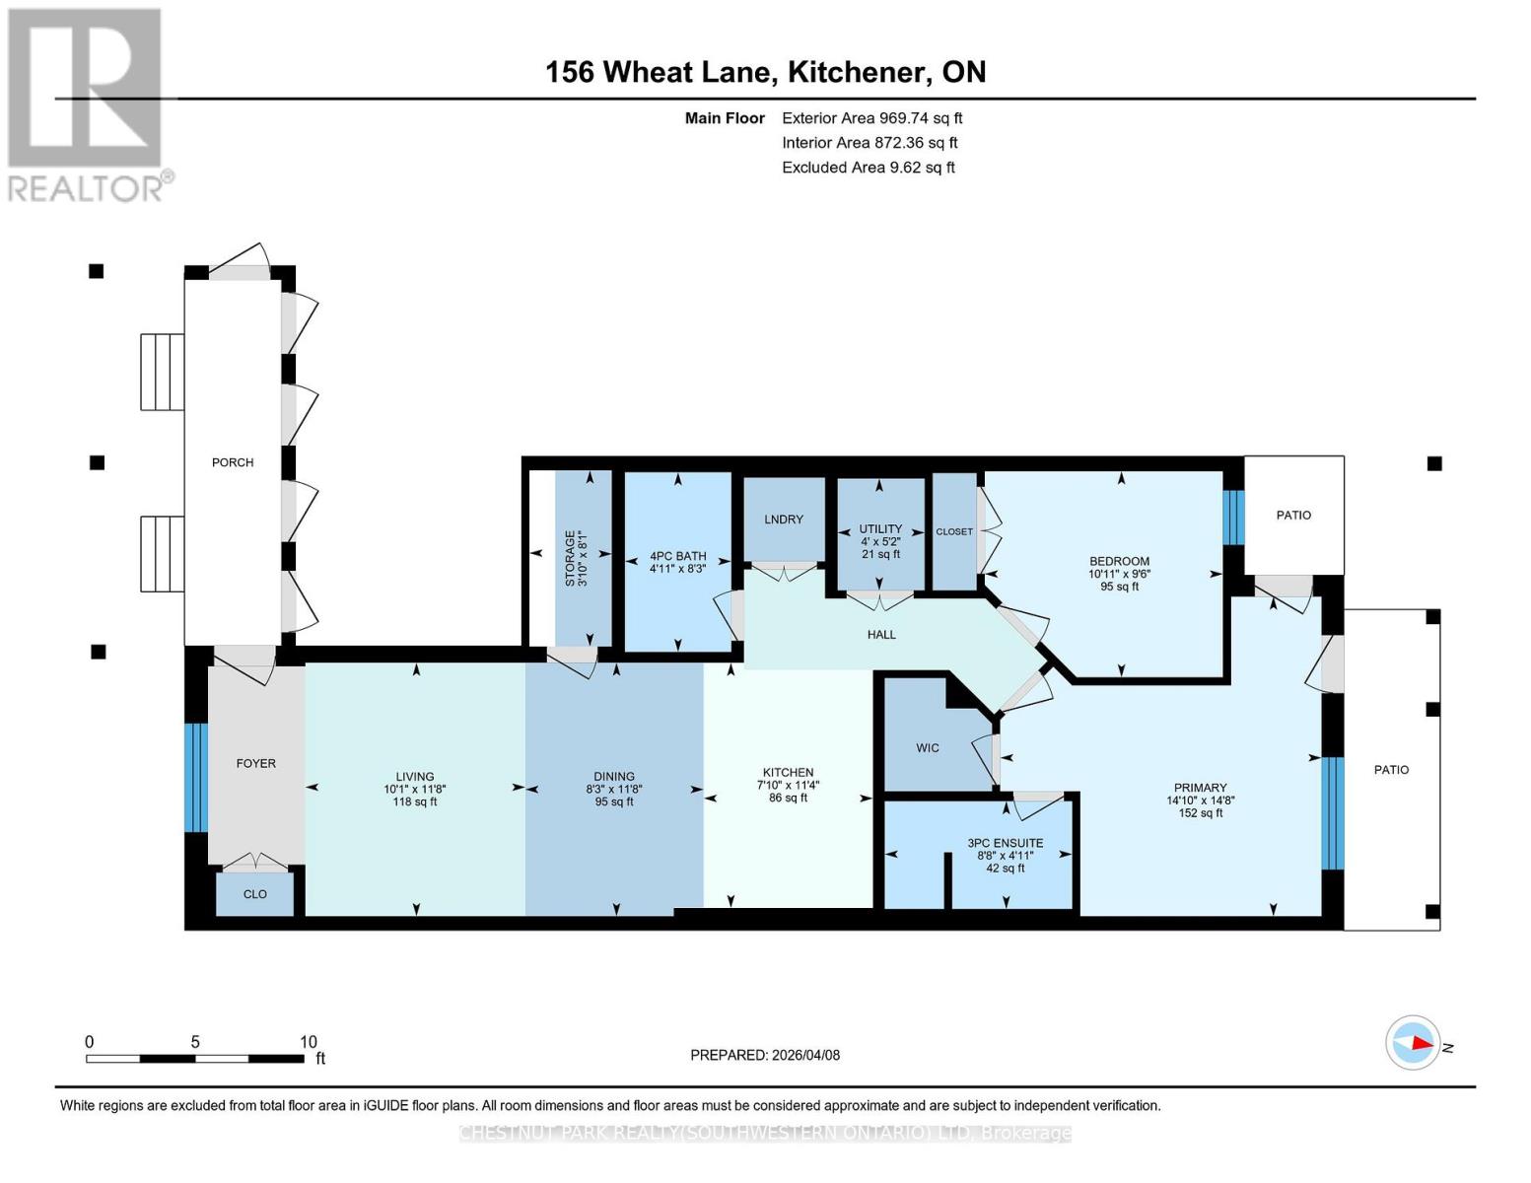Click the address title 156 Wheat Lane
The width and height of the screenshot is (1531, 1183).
click(765, 72)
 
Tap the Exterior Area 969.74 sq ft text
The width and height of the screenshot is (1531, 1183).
click(871, 118)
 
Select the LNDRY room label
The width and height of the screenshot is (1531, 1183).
click(784, 520)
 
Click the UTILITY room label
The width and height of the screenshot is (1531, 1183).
click(880, 529)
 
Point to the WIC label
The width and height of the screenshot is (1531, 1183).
click(928, 748)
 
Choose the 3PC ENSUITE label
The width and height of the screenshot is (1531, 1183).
click(1005, 843)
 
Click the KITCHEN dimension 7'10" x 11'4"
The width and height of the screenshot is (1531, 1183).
click(789, 786)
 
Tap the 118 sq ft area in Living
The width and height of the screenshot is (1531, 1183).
click(415, 801)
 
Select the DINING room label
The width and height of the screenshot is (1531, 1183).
click(614, 777)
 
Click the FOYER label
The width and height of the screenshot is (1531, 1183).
click(256, 764)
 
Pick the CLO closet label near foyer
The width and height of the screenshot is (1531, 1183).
click(255, 894)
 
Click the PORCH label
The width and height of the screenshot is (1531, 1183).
click(233, 462)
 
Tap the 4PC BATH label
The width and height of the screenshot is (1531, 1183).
click(678, 556)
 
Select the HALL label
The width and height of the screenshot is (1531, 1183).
click(881, 635)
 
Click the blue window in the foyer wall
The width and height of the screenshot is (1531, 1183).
click(196, 778)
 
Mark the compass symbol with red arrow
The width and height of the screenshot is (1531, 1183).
click(1414, 1043)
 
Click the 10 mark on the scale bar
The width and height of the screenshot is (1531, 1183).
click(309, 1042)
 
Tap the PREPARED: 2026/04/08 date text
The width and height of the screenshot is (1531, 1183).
click(765, 1055)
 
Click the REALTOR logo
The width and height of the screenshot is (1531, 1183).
click(86, 104)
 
